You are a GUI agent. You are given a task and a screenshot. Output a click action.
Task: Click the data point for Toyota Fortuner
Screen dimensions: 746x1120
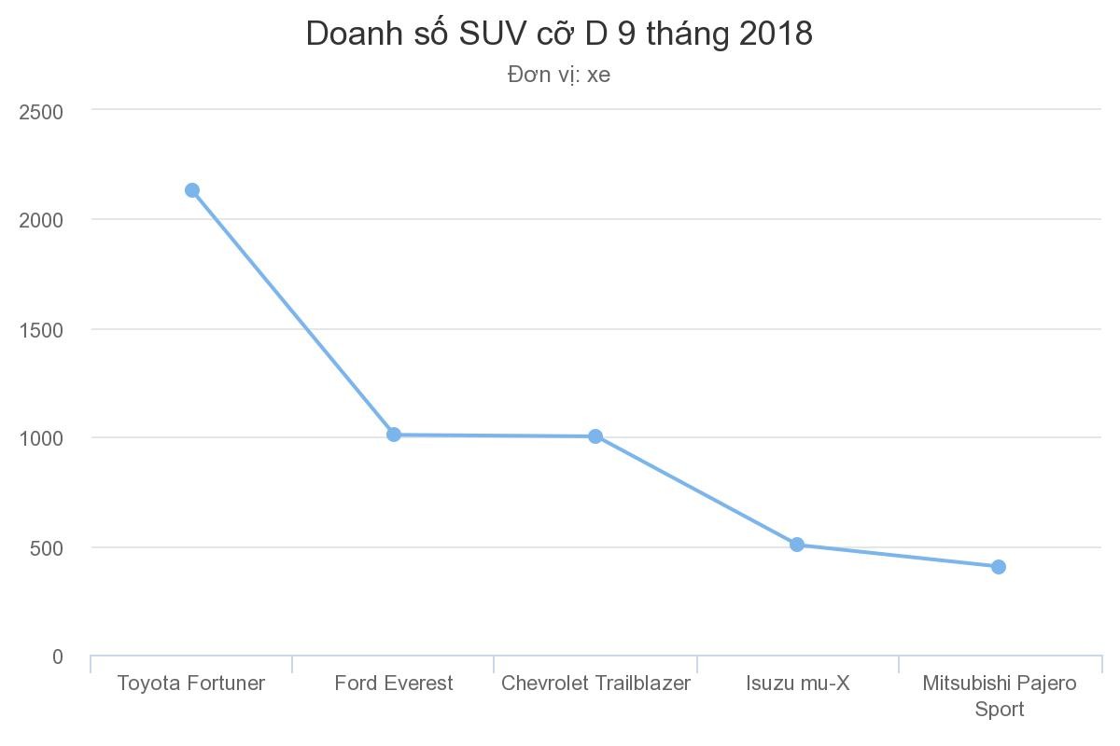[x=192, y=190]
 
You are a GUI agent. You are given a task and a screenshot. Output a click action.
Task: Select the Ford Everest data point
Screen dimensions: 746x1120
[x=394, y=435]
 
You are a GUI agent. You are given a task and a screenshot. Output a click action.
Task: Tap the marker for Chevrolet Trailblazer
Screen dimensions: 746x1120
[x=595, y=436]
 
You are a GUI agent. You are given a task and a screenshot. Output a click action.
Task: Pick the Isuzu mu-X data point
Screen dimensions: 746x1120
[x=797, y=545]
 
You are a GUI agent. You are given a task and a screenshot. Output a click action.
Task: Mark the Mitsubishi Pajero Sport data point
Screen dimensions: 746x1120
[x=999, y=567]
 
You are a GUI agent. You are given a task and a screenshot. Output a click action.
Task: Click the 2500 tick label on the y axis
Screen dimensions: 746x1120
[x=41, y=112]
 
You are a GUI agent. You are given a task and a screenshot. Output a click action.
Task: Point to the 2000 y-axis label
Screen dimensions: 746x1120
[x=41, y=220]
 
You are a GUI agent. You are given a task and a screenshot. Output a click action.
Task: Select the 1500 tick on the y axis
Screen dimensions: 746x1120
[x=41, y=330]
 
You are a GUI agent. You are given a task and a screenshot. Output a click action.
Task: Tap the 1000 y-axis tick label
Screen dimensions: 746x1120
[x=41, y=438]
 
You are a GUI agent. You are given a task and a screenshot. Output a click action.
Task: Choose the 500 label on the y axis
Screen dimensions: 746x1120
[x=46, y=548]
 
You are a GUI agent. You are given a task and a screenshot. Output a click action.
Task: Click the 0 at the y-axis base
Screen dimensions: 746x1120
[x=58, y=657]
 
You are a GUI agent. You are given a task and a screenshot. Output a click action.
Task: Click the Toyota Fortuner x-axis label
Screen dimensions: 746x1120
[x=191, y=684]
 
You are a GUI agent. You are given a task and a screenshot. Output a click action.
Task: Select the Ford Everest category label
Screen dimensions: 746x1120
[x=394, y=684]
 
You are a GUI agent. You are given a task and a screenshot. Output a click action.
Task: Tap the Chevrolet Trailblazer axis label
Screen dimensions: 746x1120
[x=595, y=684]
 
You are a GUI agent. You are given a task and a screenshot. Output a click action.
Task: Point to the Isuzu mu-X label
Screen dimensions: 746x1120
[x=798, y=684]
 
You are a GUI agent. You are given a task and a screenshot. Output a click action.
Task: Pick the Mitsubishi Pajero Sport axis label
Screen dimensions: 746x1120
[x=999, y=696]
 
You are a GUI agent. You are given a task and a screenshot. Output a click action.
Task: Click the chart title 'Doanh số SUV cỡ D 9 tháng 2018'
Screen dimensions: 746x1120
[x=559, y=34]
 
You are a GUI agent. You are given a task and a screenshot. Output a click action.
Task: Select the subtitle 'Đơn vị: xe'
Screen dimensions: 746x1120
[x=559, y=75]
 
